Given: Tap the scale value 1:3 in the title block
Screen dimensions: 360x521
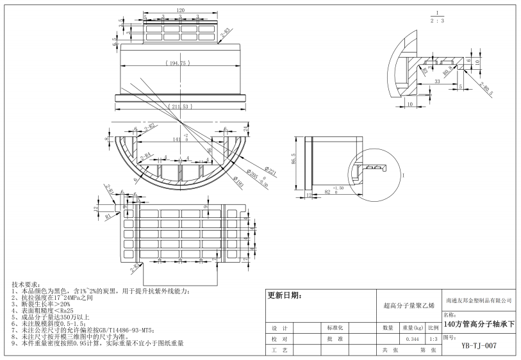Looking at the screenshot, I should coord(433,339).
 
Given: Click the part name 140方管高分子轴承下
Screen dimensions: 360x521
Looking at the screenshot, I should coord(479,325).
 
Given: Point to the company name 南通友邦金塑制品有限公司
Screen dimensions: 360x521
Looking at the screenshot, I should coord(479,300).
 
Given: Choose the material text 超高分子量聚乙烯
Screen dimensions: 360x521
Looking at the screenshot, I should coord(408,306).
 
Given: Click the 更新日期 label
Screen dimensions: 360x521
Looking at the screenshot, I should coord(284,296).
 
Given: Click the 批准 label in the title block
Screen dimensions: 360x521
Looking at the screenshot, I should coord(335,339).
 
